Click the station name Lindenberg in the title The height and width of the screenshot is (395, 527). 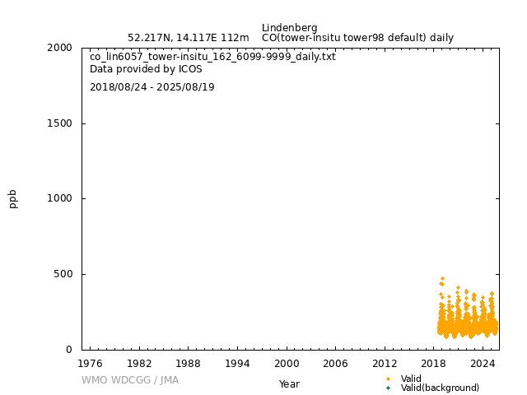(289, 28)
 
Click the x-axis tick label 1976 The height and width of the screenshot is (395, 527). (90, 363)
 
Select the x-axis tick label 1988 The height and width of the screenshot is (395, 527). (188, 363)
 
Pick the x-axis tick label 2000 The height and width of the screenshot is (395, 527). (287, 363)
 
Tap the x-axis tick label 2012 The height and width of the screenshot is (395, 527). (385, 363)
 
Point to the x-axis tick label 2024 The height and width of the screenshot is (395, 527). (483, 363)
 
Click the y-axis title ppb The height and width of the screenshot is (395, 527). (13, 198)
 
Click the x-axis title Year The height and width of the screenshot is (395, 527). (289, 383)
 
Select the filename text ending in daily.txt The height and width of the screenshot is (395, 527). (212, 57)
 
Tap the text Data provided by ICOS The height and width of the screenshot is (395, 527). (146, 69)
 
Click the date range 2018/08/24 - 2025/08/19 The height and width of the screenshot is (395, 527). (152, 87)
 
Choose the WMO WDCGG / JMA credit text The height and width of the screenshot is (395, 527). (129, 380)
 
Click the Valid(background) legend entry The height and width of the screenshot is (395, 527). (440, 388)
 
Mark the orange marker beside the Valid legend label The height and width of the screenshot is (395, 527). (388, 379)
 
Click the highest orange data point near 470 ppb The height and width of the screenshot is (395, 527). (442, 279)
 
